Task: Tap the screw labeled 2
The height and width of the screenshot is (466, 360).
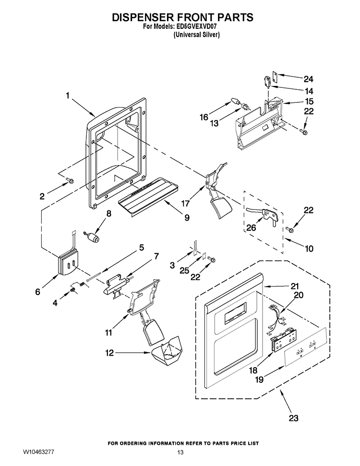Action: pyautogui.click(x=70, y=181)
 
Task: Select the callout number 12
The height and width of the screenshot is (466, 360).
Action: pyautogui.click(x=110, y=353)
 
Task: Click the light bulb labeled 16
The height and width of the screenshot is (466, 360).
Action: pyautogui.click(x=236, y=102)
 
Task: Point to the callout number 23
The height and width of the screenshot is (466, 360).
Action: pyautogui.click(x=293, y=418)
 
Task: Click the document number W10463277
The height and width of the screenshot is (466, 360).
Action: pyautogui.click(x=39, y=453)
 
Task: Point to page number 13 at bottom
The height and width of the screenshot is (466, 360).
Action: pyautogui.click(x=180, y=453)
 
